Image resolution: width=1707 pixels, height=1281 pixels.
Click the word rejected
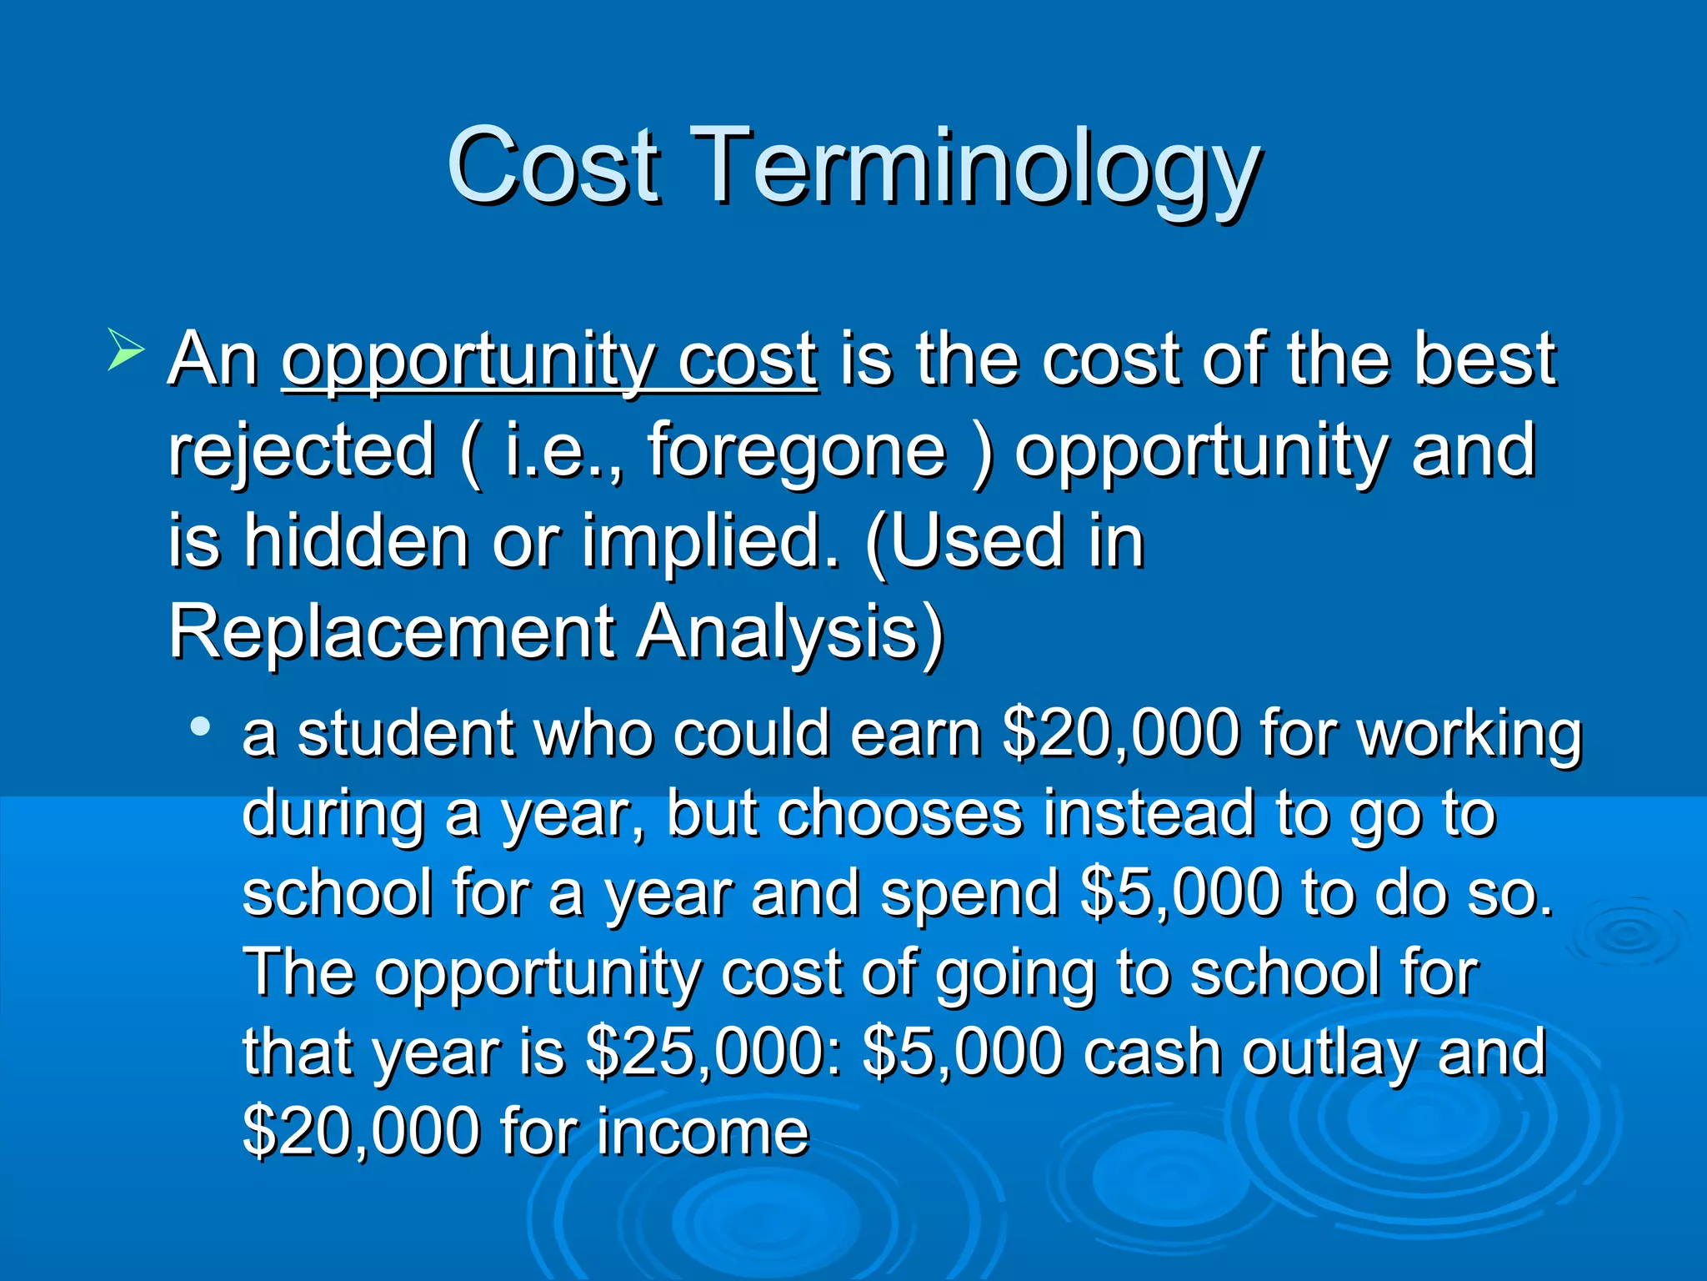[x=302, y=450]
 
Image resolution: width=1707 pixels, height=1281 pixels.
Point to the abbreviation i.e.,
[x=563, y=450]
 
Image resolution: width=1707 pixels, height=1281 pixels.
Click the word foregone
[x=797, y=450]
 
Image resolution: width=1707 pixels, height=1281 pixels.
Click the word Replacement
[x=392, y=631]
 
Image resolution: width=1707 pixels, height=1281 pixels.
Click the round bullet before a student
[x=199, y=726]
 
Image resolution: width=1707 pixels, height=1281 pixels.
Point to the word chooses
[x=900, y=813]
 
